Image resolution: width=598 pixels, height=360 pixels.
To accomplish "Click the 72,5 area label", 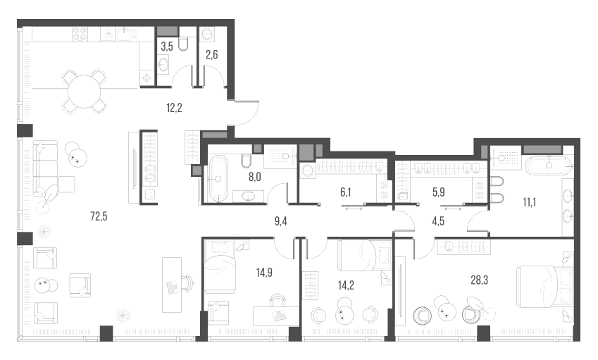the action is pyautogui.click(x=99, y=216).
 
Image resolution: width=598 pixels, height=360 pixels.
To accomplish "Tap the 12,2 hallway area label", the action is pyautogui.click(x=174, y=108).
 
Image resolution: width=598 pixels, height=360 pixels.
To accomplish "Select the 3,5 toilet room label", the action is pyautogui.click(x=167, y=47).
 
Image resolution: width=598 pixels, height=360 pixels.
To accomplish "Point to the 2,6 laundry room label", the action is pyautogui.click(x=212, y=55).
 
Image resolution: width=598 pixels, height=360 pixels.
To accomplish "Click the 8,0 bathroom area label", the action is pyautogui.click(x=255, y=177).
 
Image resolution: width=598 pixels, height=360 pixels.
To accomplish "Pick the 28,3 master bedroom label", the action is pyautogui.click(x=480, y=280).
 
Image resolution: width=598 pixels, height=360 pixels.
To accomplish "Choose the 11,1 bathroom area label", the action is pyautogui.click(x=530, y=202).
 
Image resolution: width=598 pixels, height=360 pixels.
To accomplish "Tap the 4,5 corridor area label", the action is pyautogui.click(x=438, y=221).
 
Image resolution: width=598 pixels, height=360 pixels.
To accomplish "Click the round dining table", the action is pyautogui.click(x=84, y=92).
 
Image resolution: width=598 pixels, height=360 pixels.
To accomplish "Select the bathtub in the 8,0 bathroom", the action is pyautogui.click(x=218, y=178).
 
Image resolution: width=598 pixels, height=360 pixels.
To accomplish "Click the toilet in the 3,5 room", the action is pyautogui.click(x=183, y=44).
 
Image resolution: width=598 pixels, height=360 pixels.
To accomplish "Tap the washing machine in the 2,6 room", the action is pyautogui.click(x=208, y=34).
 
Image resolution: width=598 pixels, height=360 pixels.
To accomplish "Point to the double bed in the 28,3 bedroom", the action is pyautogui.click(x=544, y=287).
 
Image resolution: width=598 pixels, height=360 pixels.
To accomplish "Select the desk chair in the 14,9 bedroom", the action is pyautogui.click(x=278, y=299).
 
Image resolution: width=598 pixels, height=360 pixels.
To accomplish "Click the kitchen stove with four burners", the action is pyautogui.click(x=80, y=34).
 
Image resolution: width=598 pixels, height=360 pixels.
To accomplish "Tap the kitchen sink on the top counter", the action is pyautogui.click(x=125, y=34).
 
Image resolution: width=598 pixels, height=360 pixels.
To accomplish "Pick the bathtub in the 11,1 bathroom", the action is pyautogui.click(x=549, y=166).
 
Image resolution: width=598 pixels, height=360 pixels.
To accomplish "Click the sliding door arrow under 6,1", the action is pyautogui.click(x=353, y=209).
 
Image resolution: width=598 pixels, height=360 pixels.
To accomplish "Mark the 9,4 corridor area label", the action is pyautogui.click(x=281, y=221).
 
